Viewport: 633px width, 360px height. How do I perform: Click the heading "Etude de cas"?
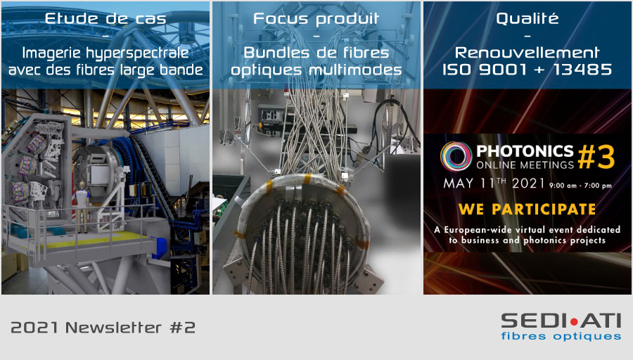click(105, 18)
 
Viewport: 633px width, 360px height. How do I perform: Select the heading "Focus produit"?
click(316, 18)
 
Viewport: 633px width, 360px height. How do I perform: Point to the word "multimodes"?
click(356, 70)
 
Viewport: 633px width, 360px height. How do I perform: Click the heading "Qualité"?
click(527, 18)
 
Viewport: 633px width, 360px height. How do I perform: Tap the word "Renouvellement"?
click(527, 53)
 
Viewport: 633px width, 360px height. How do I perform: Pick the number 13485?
click(582, 70)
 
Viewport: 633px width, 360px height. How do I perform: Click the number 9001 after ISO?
click(503, 70)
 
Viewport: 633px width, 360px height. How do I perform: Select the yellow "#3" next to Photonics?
click(596, 157)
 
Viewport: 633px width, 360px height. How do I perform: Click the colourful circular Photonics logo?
click(456, 157)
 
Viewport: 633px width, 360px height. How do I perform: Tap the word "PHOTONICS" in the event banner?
click(525, 151)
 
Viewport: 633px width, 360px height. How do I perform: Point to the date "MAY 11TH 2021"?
click(494, 184)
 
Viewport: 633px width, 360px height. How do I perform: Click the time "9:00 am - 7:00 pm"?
click(580, 186)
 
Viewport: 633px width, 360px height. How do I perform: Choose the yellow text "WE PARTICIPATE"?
click(527, 209)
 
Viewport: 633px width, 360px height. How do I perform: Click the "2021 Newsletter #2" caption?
click(103, 328)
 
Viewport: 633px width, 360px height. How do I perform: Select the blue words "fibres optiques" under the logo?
click(561, 336)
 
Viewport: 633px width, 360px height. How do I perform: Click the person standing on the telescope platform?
click(82, 207)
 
